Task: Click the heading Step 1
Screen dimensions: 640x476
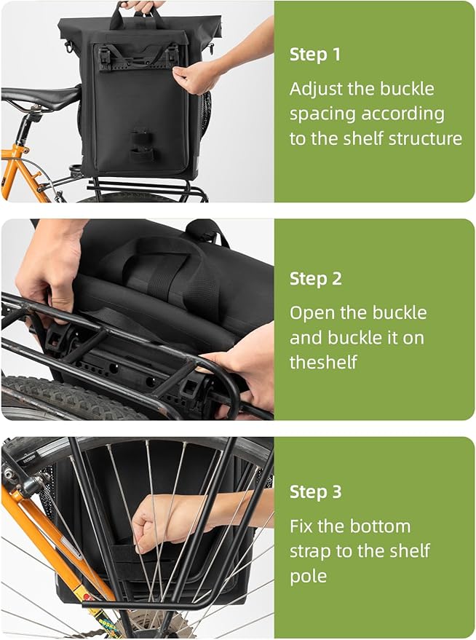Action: (315, 55)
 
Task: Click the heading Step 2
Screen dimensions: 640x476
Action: (315, 279)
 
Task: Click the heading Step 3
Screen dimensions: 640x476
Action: (315, 492)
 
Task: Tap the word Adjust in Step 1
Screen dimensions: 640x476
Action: (313, 90)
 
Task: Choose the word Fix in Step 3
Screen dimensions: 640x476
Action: (301, 526)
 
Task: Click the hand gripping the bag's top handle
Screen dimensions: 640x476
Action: (143, 6)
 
